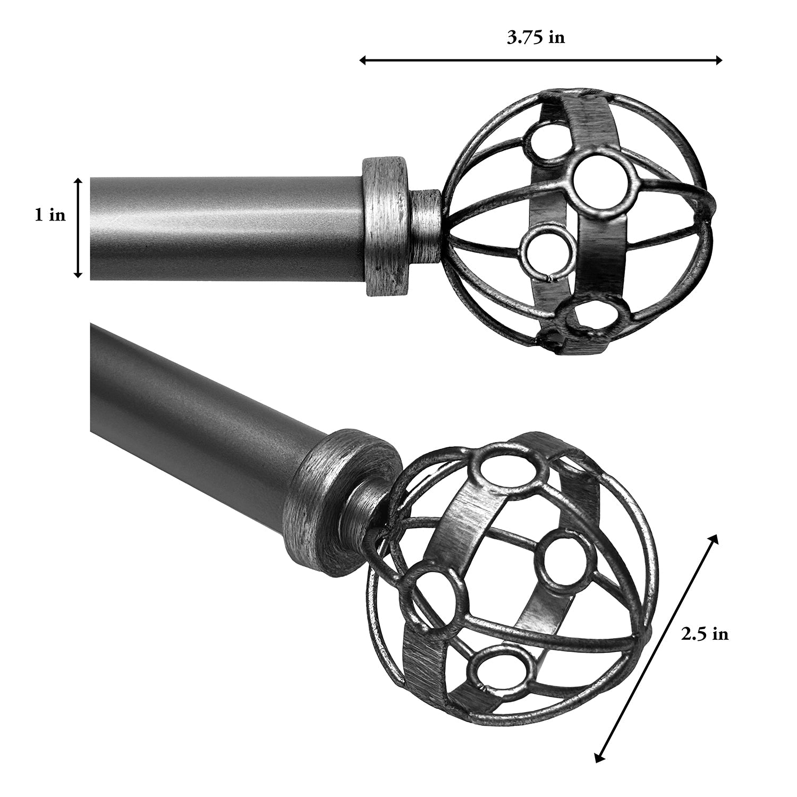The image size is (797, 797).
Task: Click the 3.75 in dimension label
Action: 536,38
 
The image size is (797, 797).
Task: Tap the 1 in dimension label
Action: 50,215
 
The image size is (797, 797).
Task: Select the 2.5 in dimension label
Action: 705,634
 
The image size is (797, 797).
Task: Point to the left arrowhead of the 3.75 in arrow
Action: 363,60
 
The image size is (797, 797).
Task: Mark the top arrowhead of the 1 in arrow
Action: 78,181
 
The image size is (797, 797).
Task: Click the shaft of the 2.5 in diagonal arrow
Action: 656,648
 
